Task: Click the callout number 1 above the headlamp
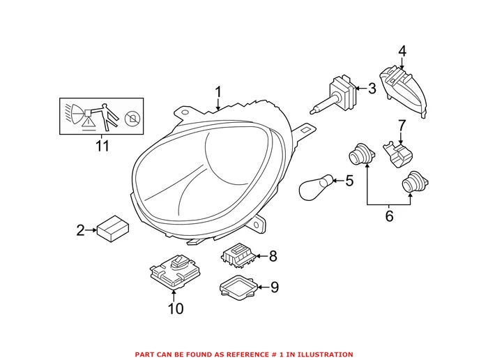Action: [218, 92]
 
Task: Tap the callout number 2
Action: [80, 230]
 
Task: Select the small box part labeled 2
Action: [112, 227]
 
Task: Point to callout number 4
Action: [402, 51]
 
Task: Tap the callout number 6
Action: [389, 216]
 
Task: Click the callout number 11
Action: [102, 147]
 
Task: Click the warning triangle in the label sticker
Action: [89, 122]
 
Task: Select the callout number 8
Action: [273, 256]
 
